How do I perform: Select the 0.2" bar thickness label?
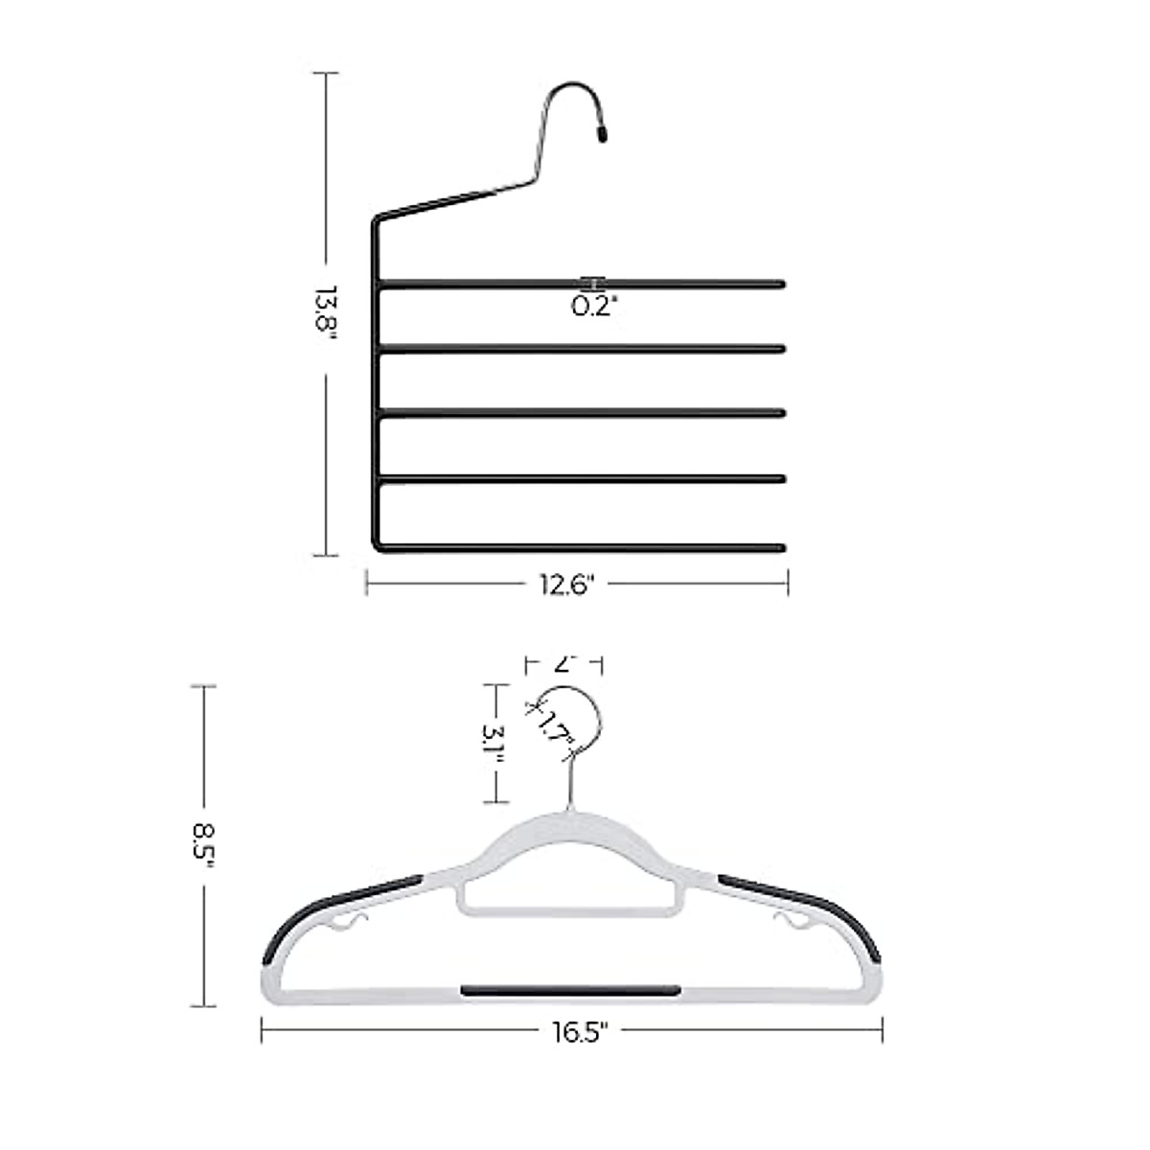(595, 307)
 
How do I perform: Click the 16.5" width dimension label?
(579, 1031)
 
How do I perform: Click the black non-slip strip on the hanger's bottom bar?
(571, 990)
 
